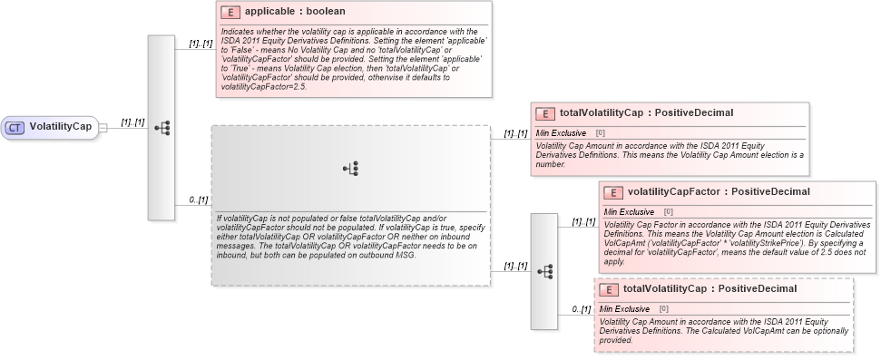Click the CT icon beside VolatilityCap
click(x=15, y=127)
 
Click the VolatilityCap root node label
click(x=61, y=127)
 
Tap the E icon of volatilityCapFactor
click(x=613, y=192)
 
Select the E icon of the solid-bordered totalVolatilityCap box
click(x=546, y=113)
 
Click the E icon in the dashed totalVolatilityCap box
click(x=610, y=289)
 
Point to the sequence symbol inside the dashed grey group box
click(x=351, y=169)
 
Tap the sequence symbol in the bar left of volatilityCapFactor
click(x=544, y=271)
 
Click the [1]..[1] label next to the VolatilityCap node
click(x=133, y=122)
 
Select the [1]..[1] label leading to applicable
click(x=201, y=43)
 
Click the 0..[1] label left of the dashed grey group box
click(x=198, y=199)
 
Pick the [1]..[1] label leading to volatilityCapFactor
click(x=583, y=221)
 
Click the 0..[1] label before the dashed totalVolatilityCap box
click(x=581, y=310)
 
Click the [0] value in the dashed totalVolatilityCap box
click(x=665, y=308)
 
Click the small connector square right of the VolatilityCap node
click(x=103, y=128)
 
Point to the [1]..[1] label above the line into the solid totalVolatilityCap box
click(x=516, y=133)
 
